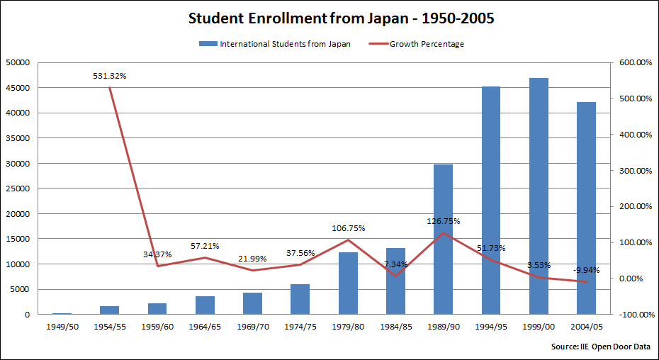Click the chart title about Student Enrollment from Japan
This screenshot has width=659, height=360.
[341, 19]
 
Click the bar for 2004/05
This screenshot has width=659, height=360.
[586, 208]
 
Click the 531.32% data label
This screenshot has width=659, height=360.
[110, 75]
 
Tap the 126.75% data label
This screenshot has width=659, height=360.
[443, 221]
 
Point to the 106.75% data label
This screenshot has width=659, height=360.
[348, 228]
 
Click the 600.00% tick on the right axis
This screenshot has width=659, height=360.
[634, 62]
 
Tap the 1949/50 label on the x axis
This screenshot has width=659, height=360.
[62, 327]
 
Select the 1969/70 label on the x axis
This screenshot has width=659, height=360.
[252, 327]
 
